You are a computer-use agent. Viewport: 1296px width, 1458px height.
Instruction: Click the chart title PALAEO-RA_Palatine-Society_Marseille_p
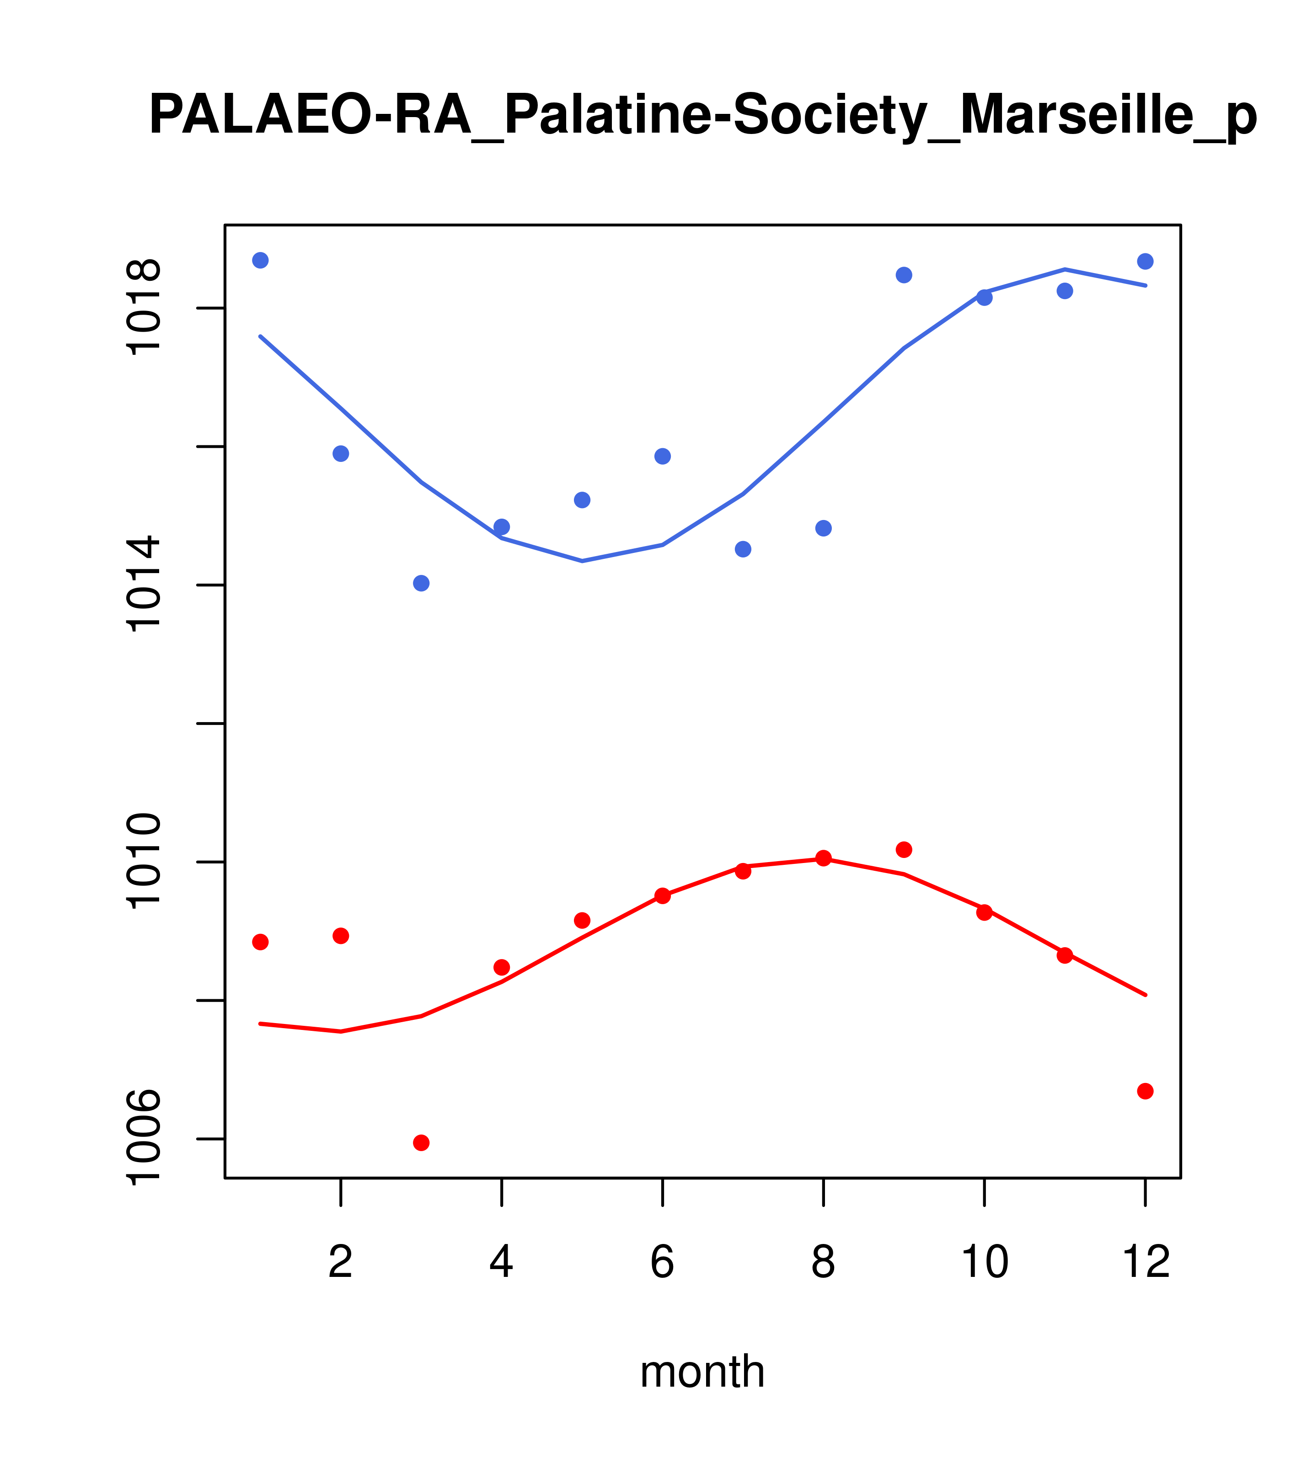click(x=702, y=116)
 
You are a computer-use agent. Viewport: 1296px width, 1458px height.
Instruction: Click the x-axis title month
click(x=702, y=1372)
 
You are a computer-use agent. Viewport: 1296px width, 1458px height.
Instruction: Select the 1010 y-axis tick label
click(x=143, y=861)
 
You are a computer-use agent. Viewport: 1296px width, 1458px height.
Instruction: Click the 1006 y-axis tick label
click(x=143, y=1138)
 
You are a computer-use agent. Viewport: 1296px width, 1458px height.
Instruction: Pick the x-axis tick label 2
click(x=341, y=1262)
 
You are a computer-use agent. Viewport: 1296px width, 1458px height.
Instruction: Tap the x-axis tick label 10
click(x=984, y=1262)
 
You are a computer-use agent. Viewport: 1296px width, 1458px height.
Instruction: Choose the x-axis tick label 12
click(x=1146, y=1262)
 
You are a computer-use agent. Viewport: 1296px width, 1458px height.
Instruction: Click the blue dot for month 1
click(x=260, y=260)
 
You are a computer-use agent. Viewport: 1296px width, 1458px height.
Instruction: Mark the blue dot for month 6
click(x=663, y=456)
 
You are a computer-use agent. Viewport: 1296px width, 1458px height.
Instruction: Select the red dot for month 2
click(x=341, y=936)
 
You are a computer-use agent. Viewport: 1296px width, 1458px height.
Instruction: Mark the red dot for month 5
click(x=582, y=920)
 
